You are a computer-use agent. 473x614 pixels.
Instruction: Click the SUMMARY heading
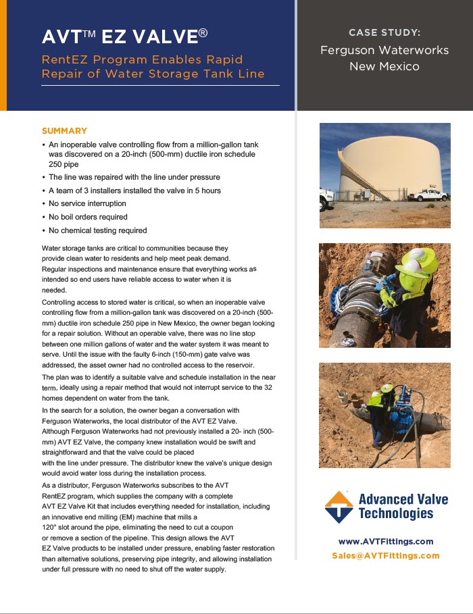(x=64, y=131)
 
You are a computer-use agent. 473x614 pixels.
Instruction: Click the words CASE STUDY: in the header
(x=384, y=32)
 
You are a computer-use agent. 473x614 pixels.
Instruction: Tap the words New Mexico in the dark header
(x=384, y=66)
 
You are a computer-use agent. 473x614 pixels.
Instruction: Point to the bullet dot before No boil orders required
(x=44, y=217)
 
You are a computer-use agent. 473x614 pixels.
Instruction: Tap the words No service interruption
(x=87, y=203)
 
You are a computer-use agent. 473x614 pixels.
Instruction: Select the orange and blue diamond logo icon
(x=339, y=507)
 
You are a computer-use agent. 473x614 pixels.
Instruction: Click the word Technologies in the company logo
(x=396, y=514)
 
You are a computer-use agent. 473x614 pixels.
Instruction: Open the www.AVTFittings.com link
(x=385, y=542)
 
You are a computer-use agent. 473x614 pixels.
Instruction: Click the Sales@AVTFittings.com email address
(x=385, y=556)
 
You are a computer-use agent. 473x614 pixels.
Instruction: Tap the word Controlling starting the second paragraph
(x=61, y=301)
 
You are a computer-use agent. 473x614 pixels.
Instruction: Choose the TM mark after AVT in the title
(x=89, y=32)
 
